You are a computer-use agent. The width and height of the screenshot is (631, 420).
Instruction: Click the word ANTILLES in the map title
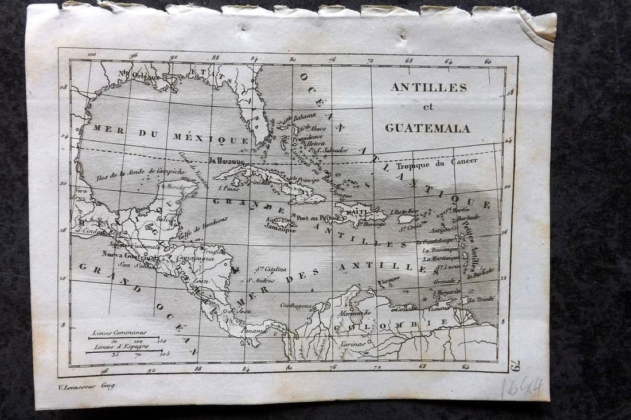pyautogui.click(x=429, y=87)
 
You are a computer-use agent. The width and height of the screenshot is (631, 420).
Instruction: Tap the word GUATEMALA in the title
pyautogui.click(x=427, y=128)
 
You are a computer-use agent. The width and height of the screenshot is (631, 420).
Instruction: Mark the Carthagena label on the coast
pyautogui.click(x=297, y=306)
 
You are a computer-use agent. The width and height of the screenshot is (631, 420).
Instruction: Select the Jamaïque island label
pyautogui.click(x=281, y=225)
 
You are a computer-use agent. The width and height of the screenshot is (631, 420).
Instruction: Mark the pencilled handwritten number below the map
pyautogui.click(x=521, y=388)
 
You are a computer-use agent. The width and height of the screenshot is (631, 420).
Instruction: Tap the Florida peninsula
pyautogui.click(x=253, y=115)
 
